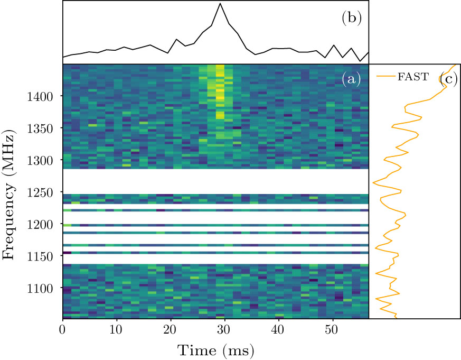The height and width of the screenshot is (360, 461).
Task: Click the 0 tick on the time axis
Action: pyautogui.click(x=63, y=329)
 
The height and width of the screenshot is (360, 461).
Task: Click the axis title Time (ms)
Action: pyautogui.click(x=215, y=349)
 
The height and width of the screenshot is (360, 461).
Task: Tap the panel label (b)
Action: pyautogui.click(x=351, y=18)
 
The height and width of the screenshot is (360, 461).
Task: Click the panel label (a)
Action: pyautogui.click(x=351, y=79)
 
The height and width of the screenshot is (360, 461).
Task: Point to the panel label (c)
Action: pyautogui.click(x=448, y=79)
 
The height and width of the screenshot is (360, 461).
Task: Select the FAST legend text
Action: pyautogui.click(x=413, y=77)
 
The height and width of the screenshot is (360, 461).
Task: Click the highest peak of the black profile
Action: pyautogui.click(x=220, y=4)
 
